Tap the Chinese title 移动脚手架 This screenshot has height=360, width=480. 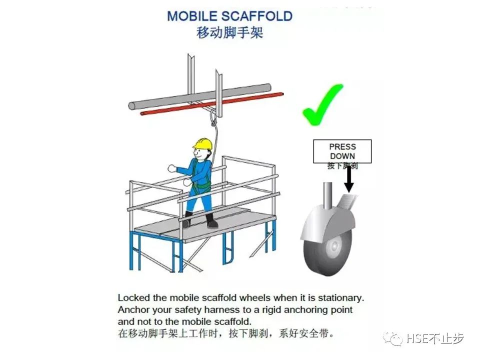tap(229, 33)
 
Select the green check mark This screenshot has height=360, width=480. tap(321, 105)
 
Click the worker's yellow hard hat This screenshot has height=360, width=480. tap(202, 143)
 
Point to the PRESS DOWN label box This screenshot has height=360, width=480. tap(342, 151)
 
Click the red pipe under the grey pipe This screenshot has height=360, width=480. tap(165, 111)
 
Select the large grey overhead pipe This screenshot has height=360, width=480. tap(200, 97)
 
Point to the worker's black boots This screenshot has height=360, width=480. tap(199, 220)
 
